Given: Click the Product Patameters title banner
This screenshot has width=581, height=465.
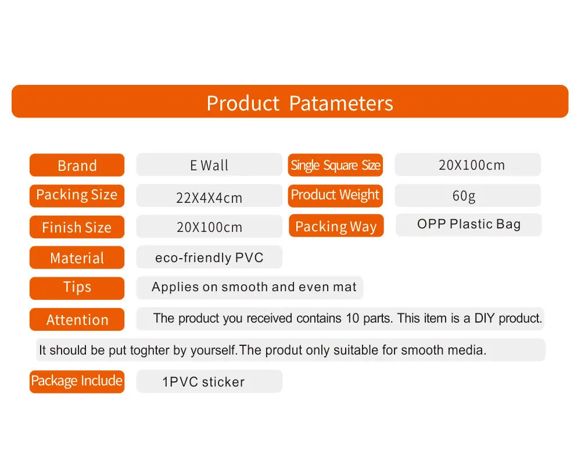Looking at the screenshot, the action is tap(290, 101).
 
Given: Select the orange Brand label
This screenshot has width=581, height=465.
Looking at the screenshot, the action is tap(77, 165).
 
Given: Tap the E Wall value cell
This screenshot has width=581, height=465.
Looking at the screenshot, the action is tap(209, 164).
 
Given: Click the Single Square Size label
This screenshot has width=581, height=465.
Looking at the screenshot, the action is tap(335, 165).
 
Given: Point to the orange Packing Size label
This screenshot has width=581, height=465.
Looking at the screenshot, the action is tap(77, 196).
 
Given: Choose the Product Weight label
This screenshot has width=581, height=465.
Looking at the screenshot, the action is tap(335, 195).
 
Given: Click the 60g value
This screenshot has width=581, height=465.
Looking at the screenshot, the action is tap(464, 196).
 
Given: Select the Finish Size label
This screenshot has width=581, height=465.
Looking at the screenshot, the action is tap(77, 227).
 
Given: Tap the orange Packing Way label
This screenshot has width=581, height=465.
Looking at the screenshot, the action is tap(336, 226).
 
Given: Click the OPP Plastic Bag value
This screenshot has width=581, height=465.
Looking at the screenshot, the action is tap(469, 224).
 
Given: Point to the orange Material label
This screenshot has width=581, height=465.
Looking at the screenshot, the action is tap(77, 257).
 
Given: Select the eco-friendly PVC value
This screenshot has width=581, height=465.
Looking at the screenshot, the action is tap(209, 257).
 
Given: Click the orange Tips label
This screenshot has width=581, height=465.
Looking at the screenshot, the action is tap(77, 288).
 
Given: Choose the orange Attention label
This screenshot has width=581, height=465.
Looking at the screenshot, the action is tap(77, 319).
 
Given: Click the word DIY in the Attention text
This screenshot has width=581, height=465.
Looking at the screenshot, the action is tap(485, 318).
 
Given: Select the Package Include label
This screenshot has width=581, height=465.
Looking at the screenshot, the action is tap(77, 381).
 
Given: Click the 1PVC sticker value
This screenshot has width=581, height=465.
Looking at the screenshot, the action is tap(203, 382).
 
